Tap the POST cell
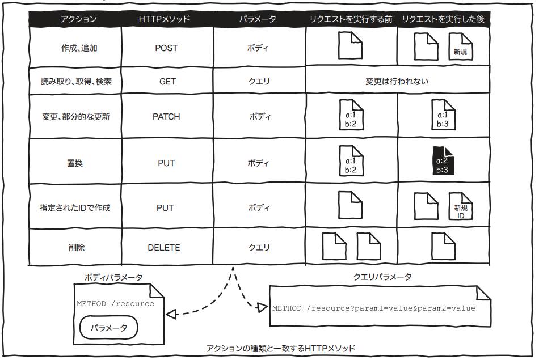click(166, 48)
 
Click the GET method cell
click(167, 82)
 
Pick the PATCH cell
click(166, 117)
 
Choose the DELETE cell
click(164, 248)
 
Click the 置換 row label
click(75, 163)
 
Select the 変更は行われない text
click(397, 82)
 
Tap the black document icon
click(443, 162)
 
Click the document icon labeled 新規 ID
click(461, 208)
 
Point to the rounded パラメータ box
click(109, 328)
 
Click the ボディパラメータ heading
click(113, 278)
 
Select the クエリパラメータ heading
click(382, 277)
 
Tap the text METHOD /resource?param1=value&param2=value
click(373, 308)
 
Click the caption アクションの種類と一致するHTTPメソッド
click(281, 348)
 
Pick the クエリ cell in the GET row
click(259, 82)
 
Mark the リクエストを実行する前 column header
click(351, 19)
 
